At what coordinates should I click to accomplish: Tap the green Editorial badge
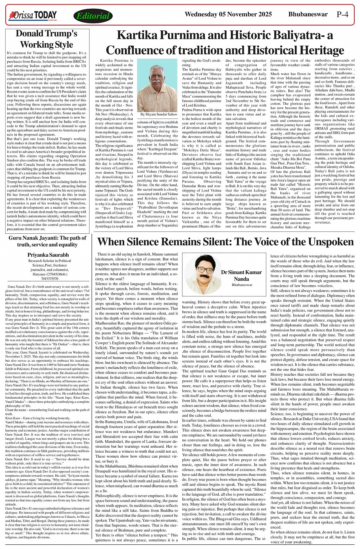click(x=93, y=16)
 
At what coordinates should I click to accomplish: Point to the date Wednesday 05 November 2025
click(x=228, y=14)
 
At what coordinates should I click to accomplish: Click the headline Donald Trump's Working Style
click(x=46, y=39)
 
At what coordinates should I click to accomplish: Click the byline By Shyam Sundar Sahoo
click(x=159, y=114)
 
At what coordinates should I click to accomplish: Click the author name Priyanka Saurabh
click(x=48, y=255)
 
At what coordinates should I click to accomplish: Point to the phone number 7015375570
click(x=48, y=279)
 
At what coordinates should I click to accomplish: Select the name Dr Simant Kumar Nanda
click(x=242, y=276)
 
